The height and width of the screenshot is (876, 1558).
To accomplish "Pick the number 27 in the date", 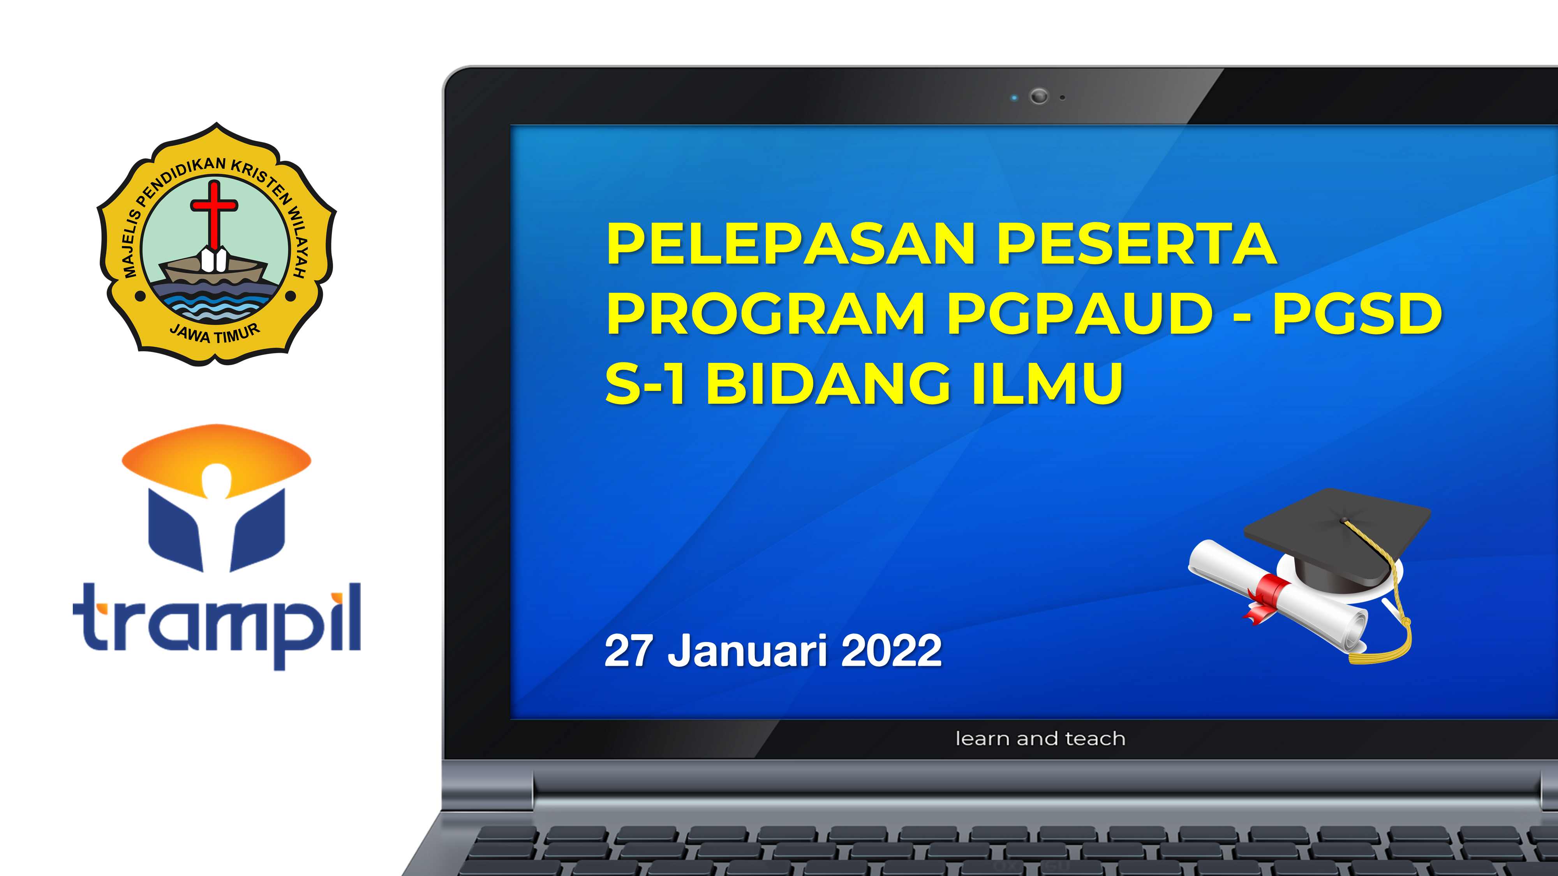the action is tap(629, 651).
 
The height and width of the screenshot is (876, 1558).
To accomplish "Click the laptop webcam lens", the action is tap(1039, 96).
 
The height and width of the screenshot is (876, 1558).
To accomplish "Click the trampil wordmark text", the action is tap(217, 623).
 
